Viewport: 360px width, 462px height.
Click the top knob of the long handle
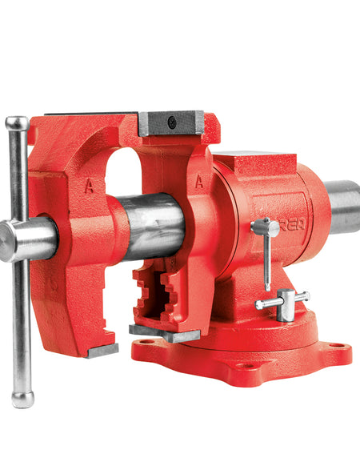tap(16, 123)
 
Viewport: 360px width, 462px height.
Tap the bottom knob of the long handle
tap(23, 399)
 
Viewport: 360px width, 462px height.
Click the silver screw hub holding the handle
tap(28, 239)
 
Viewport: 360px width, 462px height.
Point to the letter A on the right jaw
tap(198, 181)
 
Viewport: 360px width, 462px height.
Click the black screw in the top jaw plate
tap(171, 123)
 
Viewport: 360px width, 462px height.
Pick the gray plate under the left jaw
tap(103, 351)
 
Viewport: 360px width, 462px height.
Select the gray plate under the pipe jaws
tap(164, 332)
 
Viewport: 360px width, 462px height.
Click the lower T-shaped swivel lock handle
tap(282, 303)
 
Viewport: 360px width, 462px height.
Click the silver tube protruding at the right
tap(342, 207)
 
